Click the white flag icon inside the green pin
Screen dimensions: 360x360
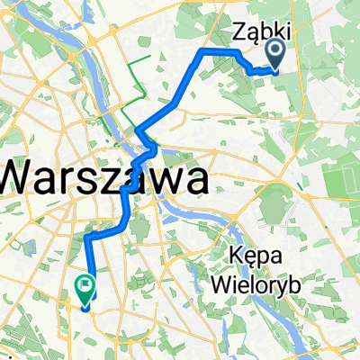85,288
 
